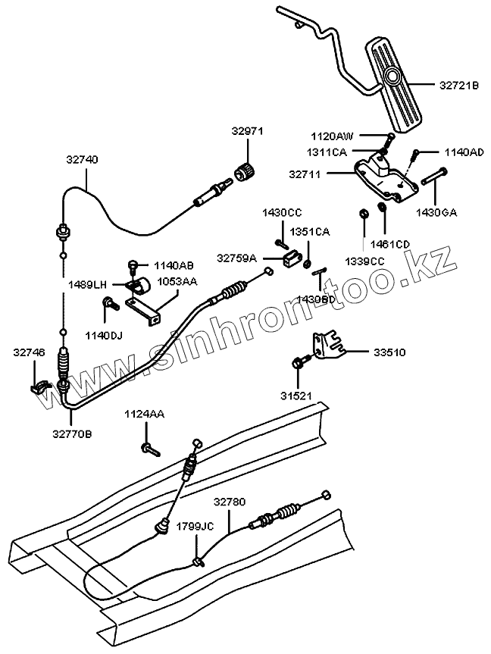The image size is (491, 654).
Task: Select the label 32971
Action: click(x=247, y=131)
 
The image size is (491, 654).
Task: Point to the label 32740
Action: click(x=82, y=160)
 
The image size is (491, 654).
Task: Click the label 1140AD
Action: click(x=463, y=152)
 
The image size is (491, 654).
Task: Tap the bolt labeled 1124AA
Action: click(x=149, y=449)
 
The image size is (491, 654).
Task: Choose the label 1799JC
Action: click(x=195, y=525)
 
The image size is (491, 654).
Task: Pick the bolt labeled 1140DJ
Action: click(x=109, y=305)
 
